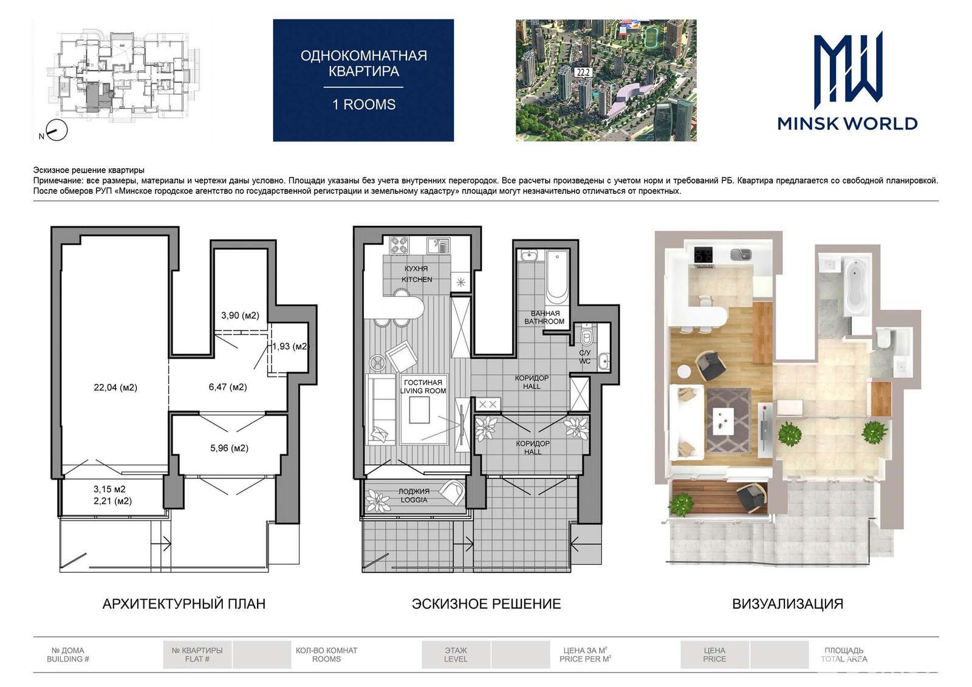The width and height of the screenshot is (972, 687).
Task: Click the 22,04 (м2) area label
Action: [115, 388]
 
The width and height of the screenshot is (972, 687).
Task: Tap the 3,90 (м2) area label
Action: [240, 315]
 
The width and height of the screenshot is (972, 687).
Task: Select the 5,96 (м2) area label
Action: [229, 448]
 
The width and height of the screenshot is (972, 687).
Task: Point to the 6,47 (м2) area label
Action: [228, 387]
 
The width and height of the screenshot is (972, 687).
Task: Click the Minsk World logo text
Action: [847, 124]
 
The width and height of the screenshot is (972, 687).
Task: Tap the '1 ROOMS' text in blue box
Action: [364, 104]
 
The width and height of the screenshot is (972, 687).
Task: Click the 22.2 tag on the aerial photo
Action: [584, 72]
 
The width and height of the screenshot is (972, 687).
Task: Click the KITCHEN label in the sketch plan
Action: [417, 279]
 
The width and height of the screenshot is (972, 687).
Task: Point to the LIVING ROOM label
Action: [423, 391]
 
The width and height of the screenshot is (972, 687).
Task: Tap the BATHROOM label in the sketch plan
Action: [544, 321]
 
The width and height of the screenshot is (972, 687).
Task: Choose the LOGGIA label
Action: [414, 500]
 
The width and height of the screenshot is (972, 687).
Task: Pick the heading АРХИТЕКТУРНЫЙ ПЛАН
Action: [184, 604]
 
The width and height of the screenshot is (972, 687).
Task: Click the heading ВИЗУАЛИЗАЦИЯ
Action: [787, 604]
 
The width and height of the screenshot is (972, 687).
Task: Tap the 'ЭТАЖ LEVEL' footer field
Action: [456, 654]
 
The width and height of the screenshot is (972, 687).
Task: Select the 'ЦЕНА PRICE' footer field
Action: [714, 654]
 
